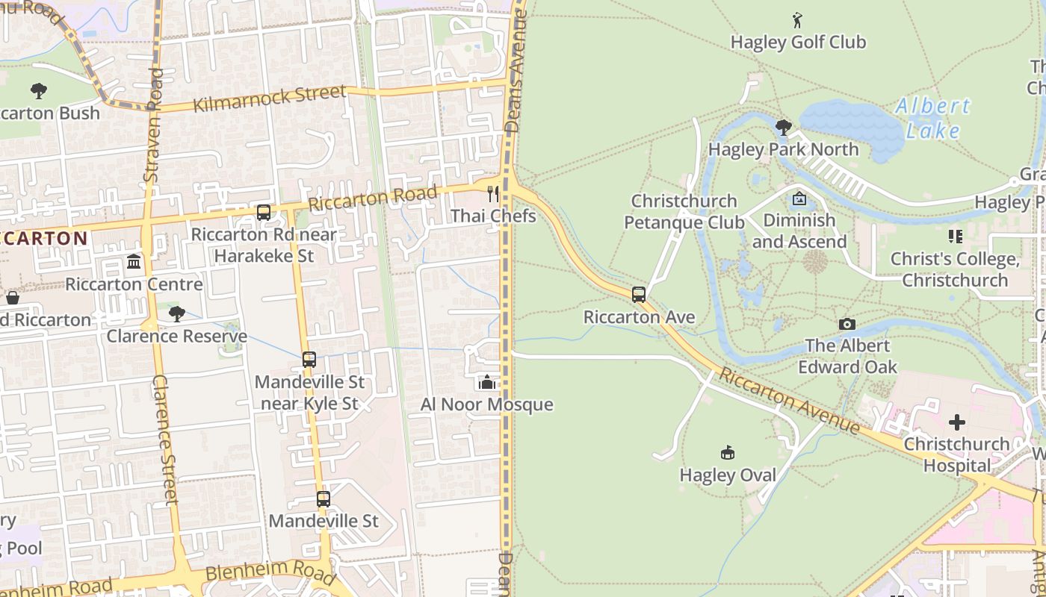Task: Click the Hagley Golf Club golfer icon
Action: point(797,19)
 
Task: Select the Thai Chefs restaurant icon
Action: point(492,194)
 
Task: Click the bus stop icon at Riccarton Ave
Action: point(639,295)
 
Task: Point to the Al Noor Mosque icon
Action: point(487,383)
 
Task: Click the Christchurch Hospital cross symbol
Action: point(956,422)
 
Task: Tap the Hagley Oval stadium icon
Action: point(728,452)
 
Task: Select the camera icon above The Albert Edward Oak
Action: point(847,324)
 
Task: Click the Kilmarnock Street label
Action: point(270,99)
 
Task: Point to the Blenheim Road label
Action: point(269,572)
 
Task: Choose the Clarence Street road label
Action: point(165,440)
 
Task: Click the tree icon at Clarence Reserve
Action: point(176,313)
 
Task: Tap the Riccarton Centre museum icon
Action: point(134,262)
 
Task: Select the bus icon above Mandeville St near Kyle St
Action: point(309,360)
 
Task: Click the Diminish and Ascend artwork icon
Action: point(799,199)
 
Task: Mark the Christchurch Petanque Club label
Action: point(684,212)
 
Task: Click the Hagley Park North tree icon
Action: point(783,128)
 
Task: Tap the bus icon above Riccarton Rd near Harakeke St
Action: point(264,213)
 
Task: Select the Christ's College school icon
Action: point(955,237)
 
